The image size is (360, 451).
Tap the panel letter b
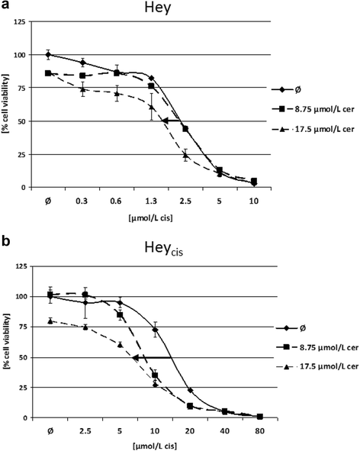(x=5, y=236)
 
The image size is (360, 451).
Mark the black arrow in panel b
(x=148, y=357)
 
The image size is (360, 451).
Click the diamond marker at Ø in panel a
(x=48, y=55)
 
